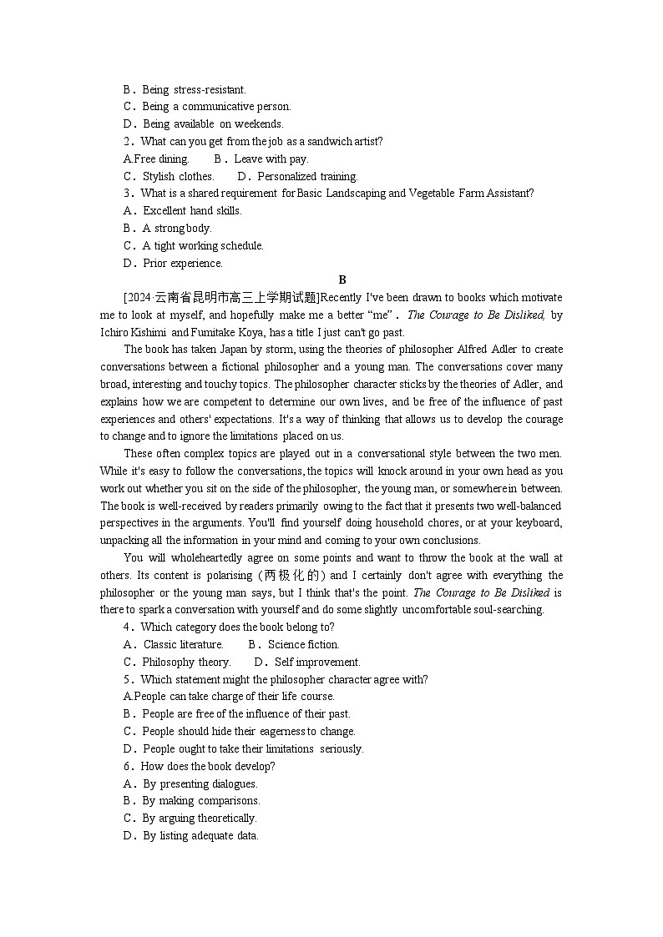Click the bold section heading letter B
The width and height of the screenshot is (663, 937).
[x=342, y=280]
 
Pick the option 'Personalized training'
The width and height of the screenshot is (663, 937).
[x=307, y=176]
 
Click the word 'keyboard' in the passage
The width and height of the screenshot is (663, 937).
[x=539, y=523]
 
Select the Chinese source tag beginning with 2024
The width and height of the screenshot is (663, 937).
[x=221, y=298]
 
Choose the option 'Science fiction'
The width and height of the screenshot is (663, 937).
[x=303, y=644]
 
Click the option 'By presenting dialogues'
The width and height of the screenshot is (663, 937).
[x=200, y=783]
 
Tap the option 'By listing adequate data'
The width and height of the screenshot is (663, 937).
[x=200, y=835]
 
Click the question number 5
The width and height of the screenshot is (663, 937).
[x=127, y=679]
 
